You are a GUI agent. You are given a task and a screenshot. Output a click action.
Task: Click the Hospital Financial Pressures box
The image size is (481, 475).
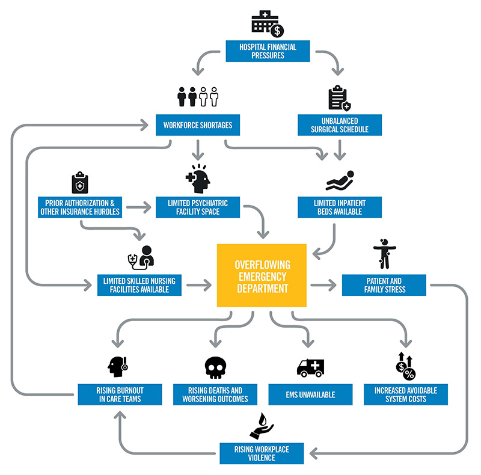[268, 51]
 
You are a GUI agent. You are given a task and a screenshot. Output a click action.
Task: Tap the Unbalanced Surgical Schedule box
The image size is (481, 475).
[340, 125]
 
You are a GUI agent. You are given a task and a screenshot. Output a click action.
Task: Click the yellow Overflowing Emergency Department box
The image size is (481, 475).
[262, 276]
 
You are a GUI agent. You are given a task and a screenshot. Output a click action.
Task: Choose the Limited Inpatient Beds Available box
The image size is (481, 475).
[340, 207]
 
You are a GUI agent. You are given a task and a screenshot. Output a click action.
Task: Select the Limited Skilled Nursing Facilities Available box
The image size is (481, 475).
[139, 285]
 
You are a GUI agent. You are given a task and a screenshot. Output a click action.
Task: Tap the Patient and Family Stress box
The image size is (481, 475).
[384, 285]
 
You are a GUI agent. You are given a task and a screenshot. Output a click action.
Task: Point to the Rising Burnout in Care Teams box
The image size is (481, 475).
[120, 394]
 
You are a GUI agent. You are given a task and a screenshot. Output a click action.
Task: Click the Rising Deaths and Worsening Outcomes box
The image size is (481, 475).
[215, 394]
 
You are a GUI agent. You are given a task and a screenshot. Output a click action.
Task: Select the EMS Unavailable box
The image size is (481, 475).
[310, 394]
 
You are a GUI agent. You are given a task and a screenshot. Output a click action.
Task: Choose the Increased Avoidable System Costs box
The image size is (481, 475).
[406, 394]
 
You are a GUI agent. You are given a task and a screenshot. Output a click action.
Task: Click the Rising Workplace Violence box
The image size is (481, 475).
[262, 453]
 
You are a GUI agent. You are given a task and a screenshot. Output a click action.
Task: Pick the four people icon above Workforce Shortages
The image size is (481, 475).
[197, 97]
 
